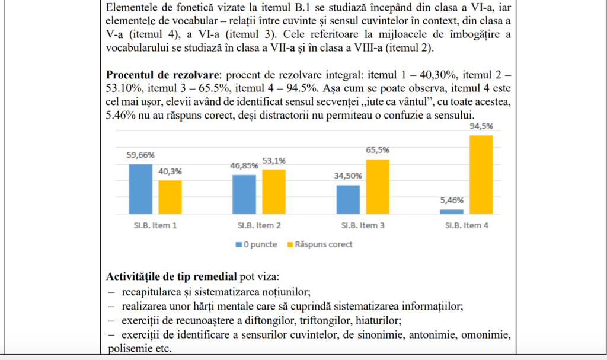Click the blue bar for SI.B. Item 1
click(140, 189)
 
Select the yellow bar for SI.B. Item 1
click(170, 197)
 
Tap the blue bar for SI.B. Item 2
click(244, 194)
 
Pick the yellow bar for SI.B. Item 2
click(274, 191)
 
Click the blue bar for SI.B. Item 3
click(348, 199)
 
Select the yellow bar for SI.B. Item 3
click(378, 186)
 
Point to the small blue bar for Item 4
click(452, 211)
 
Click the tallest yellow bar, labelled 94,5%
click(481, 174)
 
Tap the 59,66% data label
click(140, 155)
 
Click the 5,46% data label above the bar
click(452, 200)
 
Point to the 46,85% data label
click(244, 166)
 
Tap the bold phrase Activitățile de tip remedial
click(171, 277)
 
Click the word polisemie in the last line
click(126, 348)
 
